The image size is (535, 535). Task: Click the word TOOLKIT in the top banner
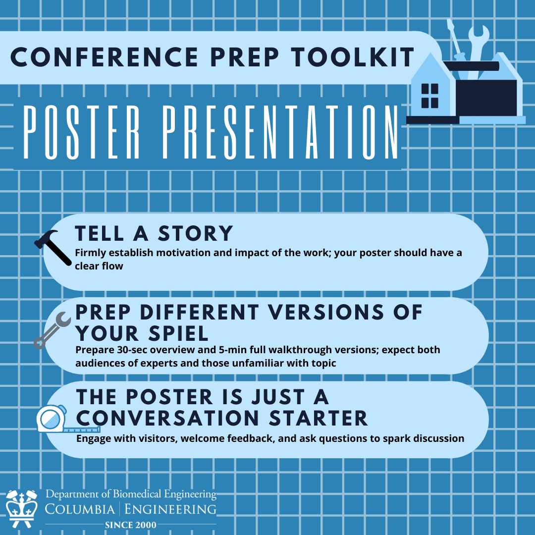click(x=353, y=57)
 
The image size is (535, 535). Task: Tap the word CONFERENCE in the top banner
click(x=105, y=57)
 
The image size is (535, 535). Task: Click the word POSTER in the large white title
click(x=81, y=132)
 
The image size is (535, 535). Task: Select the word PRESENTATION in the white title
click(x=280, y=132)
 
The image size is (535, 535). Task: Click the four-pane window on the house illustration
click(x=429, y=96)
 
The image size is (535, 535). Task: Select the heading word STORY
click(x=196, y=234)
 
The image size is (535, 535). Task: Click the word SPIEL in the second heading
click(x=178, y=333)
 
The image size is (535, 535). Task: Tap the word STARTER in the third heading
click(x=319, y=418)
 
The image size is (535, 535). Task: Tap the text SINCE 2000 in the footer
click(x=131, y=525)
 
